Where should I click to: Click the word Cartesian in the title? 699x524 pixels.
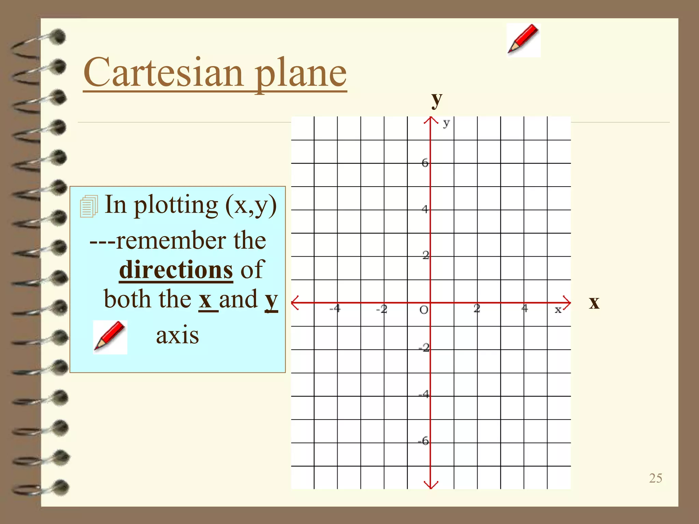coord(163,72)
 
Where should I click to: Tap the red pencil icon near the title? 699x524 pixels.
coord(523,40)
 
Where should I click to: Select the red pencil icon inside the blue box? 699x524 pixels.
coord(110,337)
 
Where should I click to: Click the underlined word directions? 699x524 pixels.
coord(176,270)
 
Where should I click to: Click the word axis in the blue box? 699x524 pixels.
coord(177,335)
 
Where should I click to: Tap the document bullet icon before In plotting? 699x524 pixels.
coord(89,206)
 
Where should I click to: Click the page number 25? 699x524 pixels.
coord(655,478)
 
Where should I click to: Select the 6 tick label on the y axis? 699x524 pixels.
coord(425,163)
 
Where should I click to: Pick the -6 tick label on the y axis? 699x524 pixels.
coord(424,441)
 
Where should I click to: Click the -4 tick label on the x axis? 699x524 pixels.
coord(335,309)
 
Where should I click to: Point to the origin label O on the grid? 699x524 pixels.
coord(424,310)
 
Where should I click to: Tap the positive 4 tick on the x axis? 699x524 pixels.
coord(524,308)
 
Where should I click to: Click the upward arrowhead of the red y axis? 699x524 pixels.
coord(431,120)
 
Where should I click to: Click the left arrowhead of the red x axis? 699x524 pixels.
coord(295,303)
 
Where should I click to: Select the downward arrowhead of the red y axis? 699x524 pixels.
coord(431,485)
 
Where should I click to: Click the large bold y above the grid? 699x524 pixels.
coord(437,100)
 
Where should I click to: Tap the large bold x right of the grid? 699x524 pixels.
coord(594,303)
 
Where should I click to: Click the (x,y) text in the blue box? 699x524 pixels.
coord(251,205)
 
